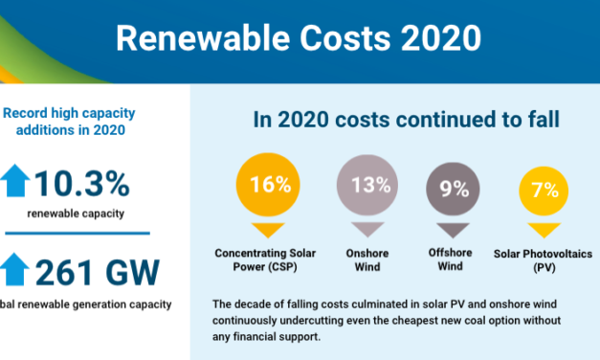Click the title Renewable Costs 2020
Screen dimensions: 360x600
[300, 39]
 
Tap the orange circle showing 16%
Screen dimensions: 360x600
[262, 186]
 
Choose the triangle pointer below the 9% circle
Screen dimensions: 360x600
[449, 230]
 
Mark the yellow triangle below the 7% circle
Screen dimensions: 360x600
[544, 230]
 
